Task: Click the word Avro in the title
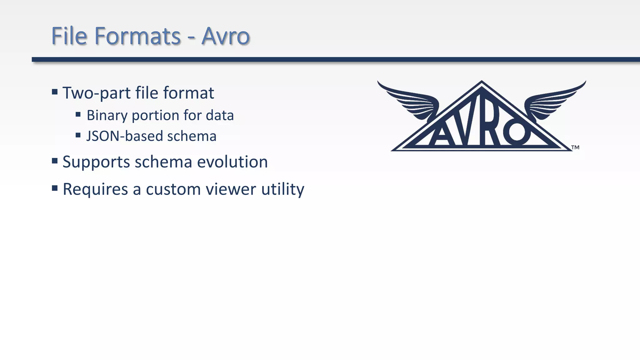(225, 36)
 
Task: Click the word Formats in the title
(137, 36)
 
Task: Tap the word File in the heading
(69, 36)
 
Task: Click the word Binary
(107, 116)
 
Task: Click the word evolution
(232, 162)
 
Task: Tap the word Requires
(95, 189)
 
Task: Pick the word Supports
(96, 162)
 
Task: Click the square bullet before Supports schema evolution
(55, 161)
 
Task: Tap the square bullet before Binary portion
(78, 114)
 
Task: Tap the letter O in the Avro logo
(516, 132)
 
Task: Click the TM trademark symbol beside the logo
(575, 147)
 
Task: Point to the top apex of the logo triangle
(482, 82)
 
